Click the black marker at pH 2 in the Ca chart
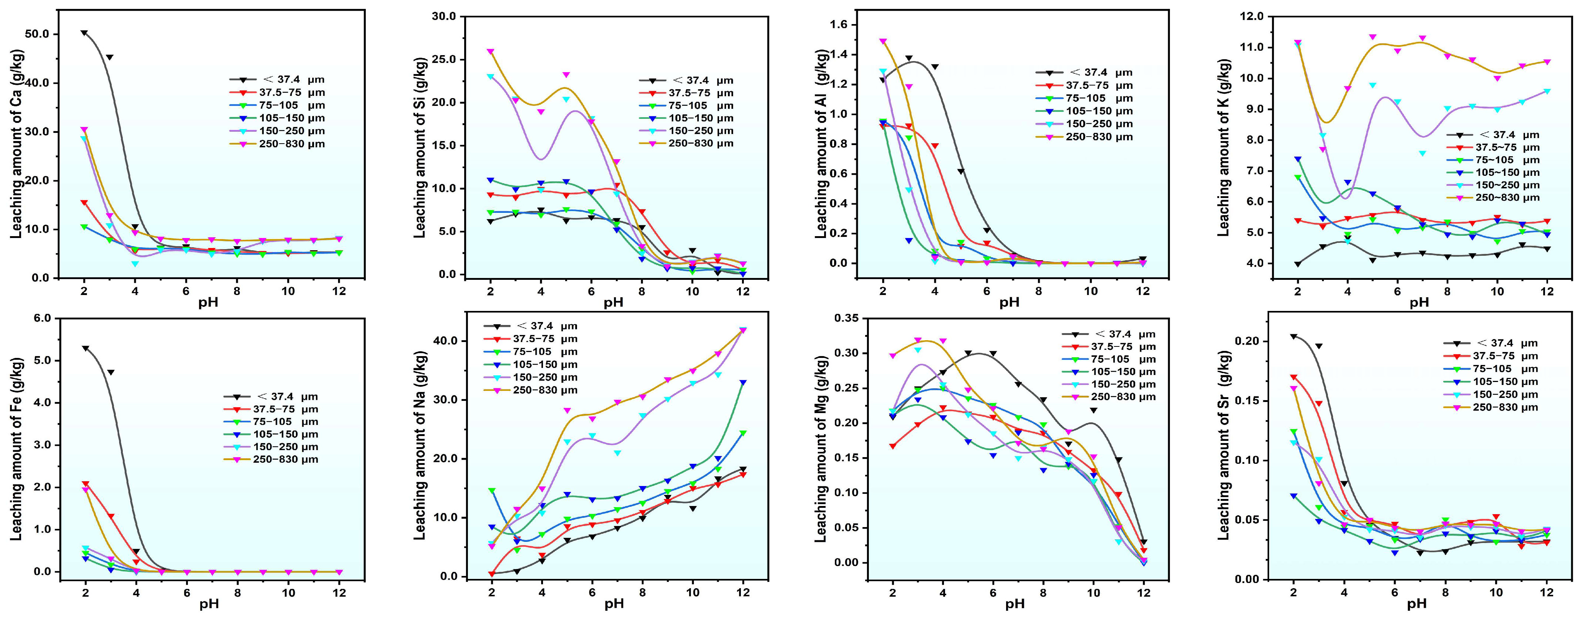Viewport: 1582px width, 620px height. pyautogui.click(x=84, y=33)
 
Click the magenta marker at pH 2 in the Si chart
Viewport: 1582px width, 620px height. pyautogui.click(x=490, y=51)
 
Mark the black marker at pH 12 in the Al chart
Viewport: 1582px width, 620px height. pyautogui.click(x=1143, y=259)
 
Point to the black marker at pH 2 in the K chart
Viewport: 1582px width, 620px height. pyautogui.click(x=1298, y=264)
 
